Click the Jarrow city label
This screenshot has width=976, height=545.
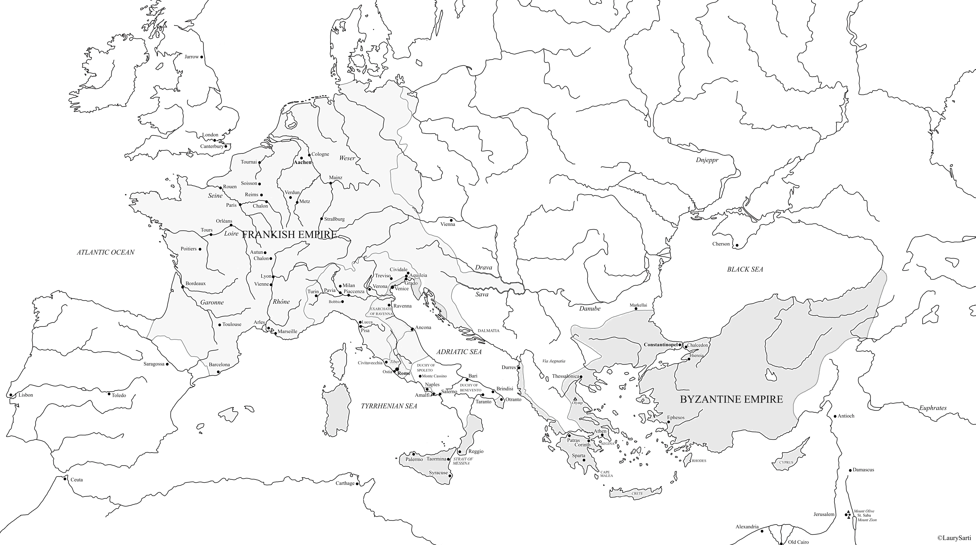pos(192,57)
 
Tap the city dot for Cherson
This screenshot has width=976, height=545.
pos(737,245)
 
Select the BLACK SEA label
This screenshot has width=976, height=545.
pos(745,269)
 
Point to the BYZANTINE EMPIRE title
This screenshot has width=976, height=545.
pos(731,399)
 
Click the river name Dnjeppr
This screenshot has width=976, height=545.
pos(707,160)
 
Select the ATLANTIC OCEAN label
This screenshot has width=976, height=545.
pos(106,252)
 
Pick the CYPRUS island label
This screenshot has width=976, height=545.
pos(786,462)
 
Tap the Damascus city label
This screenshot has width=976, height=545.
pos(863,470)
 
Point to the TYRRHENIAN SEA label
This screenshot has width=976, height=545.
pos(389,406)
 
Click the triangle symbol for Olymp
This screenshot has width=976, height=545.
pos(575,399)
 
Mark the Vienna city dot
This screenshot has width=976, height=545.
pos(451,220)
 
